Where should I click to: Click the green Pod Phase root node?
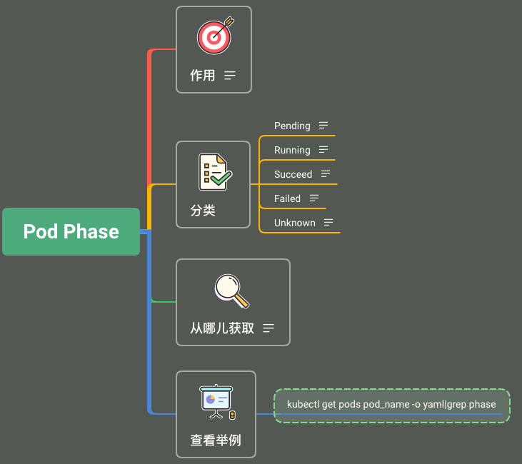[x=71, y=232]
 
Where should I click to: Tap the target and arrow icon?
[x=215, y=36]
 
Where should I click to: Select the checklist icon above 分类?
[x=215, y=172]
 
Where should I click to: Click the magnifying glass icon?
[x=232, y=291]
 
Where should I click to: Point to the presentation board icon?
[x=217, y=402]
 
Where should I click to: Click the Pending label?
[x=292, y=126]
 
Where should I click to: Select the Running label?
[x=292, y=150]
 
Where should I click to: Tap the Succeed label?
[x=293, y=174]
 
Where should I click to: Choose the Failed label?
[x=287, y=198]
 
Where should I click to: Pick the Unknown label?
[x=295, y=223]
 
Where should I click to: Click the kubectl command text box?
[x=392, y=405]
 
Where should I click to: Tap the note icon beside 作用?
[x=230, y=76]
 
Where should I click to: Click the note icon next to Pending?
[x=323, y=125]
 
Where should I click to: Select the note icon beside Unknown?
[x=328, y=222]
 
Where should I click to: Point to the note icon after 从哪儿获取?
[x=268, y=328]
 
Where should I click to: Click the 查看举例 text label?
[x=216, y=440]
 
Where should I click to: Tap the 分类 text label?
[x=203, y=211]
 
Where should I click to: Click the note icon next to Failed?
[x=314, y=198]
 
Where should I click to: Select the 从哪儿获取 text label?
[x=222, y=328]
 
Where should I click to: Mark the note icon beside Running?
[x=323, y=149]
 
